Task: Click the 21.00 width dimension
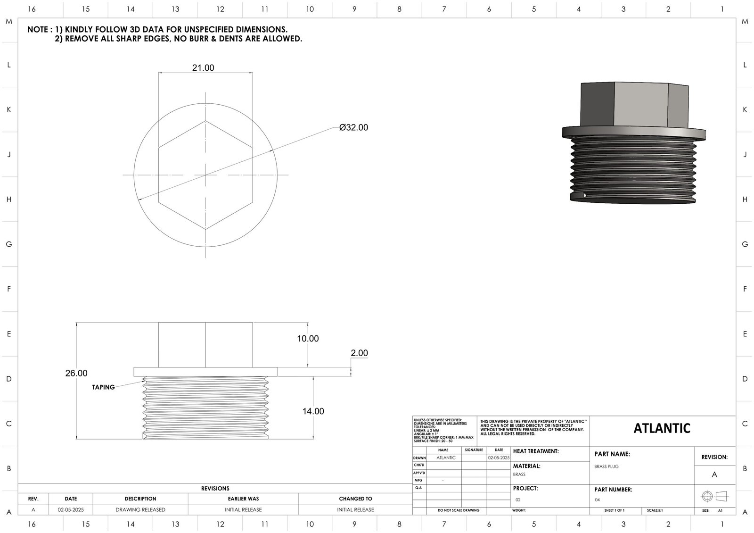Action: click(203, 68)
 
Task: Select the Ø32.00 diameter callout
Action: click(353, 127)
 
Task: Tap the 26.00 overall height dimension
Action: click(76, 373)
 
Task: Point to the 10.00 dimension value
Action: click(308, 339)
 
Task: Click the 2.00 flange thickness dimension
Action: click(359, 353)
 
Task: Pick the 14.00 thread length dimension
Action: click(313, 411)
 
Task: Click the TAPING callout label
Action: click(103, 387)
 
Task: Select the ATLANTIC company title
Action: click(662, 428)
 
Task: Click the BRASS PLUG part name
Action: click(606, 466)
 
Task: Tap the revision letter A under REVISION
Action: click(714, 475)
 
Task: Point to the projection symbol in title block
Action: click(714, 496)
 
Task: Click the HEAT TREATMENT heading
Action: click(536, 451)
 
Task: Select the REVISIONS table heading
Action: click(215, 489)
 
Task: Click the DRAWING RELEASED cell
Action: click(140, 510)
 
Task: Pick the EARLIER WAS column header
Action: click(243, 499)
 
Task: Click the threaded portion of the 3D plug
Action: click(634, 170)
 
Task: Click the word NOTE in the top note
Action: click(37, 30)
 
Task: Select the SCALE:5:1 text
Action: click(656, 510)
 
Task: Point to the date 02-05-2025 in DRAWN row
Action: click(499, 458)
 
